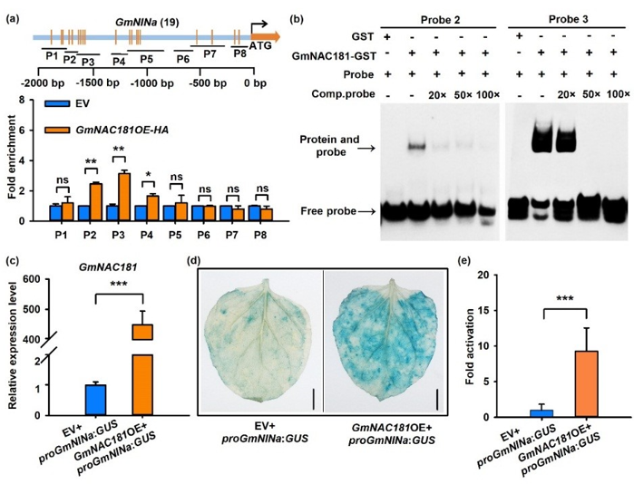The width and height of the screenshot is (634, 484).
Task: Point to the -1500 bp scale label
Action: pos(91,83)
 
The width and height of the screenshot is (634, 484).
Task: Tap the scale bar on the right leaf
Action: pos(437,400)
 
